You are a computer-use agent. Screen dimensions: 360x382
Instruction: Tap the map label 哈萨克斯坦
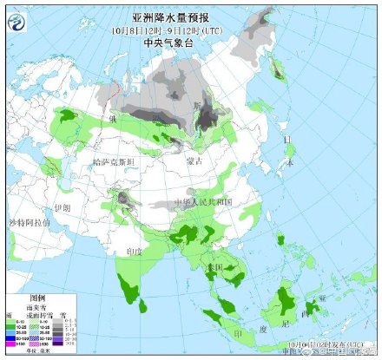(x=114, y=161)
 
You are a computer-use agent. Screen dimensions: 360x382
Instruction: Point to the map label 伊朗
(x=62, y=208)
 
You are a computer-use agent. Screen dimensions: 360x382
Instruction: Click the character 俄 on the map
(x=112, y=117)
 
